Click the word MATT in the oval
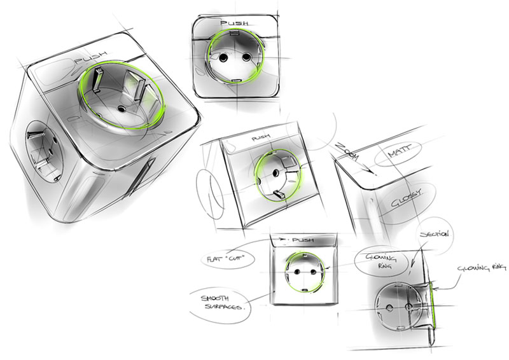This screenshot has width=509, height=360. tap(400, 151)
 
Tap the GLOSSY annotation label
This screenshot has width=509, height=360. tap(405, 198)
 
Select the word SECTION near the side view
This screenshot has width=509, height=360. tap(435, 233)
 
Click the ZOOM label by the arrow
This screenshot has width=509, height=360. tap(347, 151)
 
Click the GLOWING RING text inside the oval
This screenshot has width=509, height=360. tap(381, 261)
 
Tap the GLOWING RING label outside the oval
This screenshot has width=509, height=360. tap(482, 268)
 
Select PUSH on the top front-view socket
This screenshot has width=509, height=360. tap(234, 23)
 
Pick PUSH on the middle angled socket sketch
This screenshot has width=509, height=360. tap(261, 137)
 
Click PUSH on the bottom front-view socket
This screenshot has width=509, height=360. tap(303, 240)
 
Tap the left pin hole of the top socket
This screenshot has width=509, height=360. tap(224, 58)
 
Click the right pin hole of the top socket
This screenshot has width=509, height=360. tap(246, 57)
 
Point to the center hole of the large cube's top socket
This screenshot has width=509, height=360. tap(122, 109)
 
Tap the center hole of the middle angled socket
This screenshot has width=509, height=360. tap(276, 172)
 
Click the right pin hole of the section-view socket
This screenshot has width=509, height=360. tap(408, 306)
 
